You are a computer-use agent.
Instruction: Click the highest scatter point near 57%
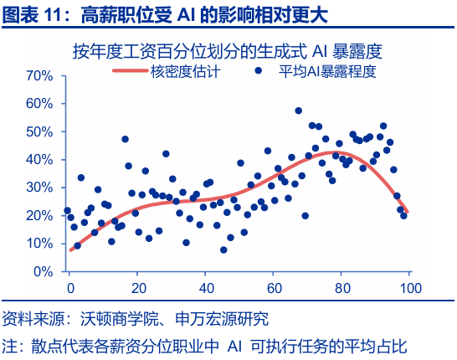[298, 111]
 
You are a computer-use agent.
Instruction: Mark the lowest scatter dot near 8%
[223, 249]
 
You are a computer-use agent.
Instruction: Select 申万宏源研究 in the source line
[226, 319]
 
